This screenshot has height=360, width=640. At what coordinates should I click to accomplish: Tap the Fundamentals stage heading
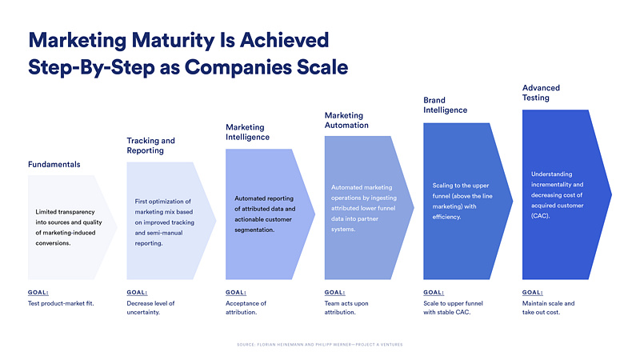tap(54, 165)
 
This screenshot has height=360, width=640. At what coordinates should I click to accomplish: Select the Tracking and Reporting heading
tap(150, 146)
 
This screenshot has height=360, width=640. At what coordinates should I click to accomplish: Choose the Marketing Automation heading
tap(346, 121)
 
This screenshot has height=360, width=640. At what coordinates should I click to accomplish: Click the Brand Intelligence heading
tap(445, 105)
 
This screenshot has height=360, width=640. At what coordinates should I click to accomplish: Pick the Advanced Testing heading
tap(542, 93)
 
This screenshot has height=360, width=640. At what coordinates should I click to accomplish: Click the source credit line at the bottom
tap(320, 345)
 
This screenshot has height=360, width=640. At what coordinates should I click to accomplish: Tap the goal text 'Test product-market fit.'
tap(61, 304)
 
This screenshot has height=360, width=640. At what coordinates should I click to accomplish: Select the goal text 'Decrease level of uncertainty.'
tap(150, 308)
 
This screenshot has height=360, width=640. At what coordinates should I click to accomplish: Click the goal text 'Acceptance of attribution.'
tap(246, 308)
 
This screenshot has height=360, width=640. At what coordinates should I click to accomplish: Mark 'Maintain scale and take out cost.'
tap(549, 308)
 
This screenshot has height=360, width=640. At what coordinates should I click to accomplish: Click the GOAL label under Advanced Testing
tap(533, 293)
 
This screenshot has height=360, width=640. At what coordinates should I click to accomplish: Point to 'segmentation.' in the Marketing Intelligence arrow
tap(254, 230)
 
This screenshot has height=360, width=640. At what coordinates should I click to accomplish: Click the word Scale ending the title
tap(320, 67)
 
